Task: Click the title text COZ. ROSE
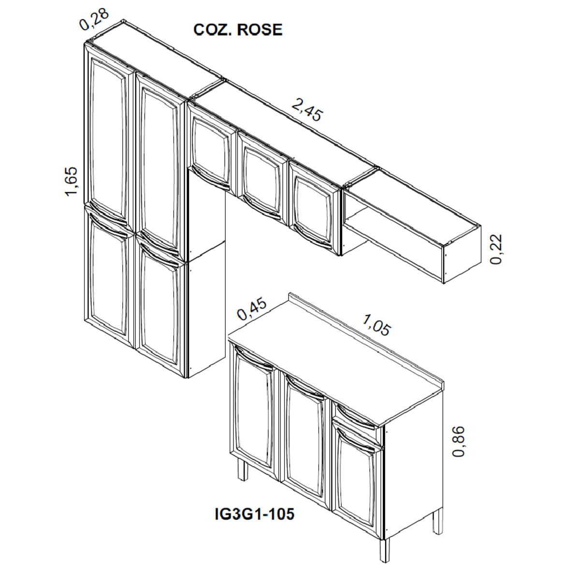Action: coord(238,29)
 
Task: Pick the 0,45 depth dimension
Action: coord(252,309)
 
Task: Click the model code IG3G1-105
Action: coord(254,514)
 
